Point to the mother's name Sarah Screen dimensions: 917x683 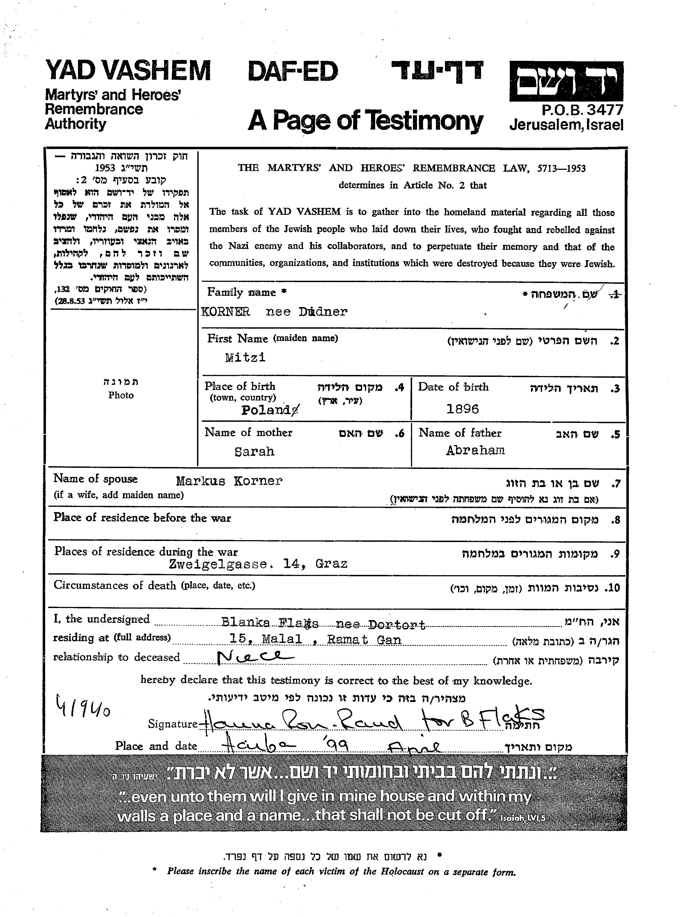coord(254,451)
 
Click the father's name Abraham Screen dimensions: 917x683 coord(475,450)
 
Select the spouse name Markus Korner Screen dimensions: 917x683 coord(229,481)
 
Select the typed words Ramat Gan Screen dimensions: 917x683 coord(364,640)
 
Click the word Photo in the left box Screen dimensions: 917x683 coord(121,395)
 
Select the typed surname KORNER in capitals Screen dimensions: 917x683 coord(226,312)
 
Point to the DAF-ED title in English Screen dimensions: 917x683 coord(293,71)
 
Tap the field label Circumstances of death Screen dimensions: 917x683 coord(115,586)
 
